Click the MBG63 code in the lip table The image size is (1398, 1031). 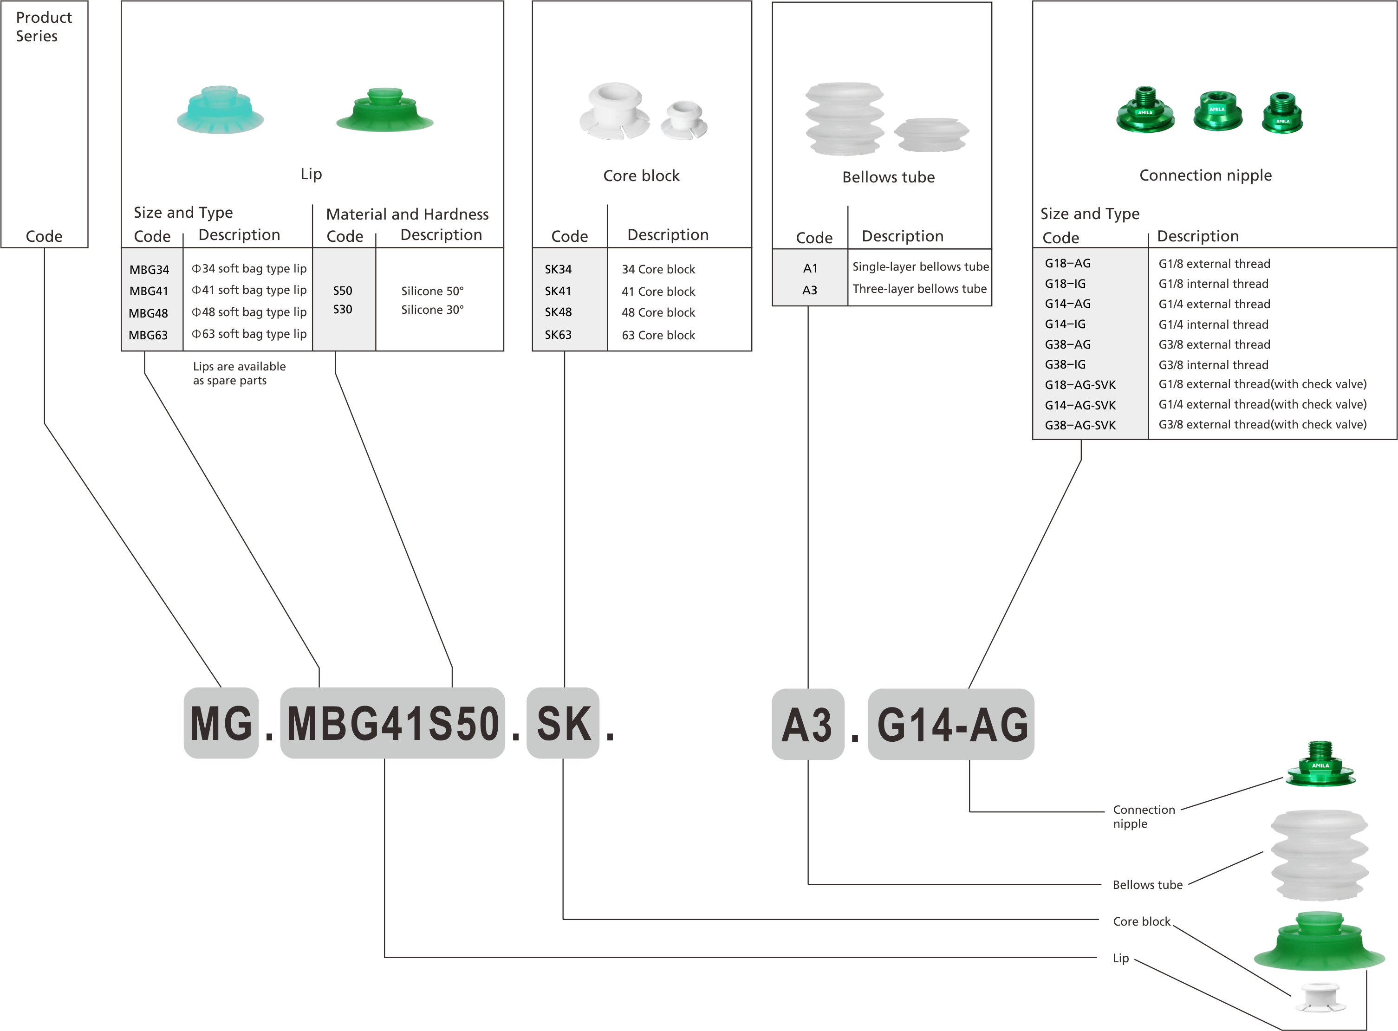(x=148, y=335)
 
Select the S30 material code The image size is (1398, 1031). (x=343, y=310)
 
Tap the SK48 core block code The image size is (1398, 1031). (x=558, y=312)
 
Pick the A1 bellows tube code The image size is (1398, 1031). (x=810, y=268)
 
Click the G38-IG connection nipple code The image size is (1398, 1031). (x=1066, y=364)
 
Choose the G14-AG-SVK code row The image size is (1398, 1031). (x=1080, y=405)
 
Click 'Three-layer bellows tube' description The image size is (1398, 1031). (x=919, y=289)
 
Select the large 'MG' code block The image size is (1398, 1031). (x=221, y=723)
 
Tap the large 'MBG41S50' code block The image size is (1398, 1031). (x=392, y=723)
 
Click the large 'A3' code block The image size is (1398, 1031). (x=807, y=725)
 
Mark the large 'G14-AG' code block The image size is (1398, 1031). (x=951, y=725)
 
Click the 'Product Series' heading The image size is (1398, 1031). (x=44, y=27)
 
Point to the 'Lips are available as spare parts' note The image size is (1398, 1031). (x=239, y=373)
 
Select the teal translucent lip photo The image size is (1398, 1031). (x=221, y=110)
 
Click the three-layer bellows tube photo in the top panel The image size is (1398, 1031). (x=845, y=118)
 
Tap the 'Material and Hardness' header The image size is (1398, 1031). (x=407, y=214)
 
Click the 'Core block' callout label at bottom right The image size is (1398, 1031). (x=1142, y=922)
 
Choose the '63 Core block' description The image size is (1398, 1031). (x=658, y=335)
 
